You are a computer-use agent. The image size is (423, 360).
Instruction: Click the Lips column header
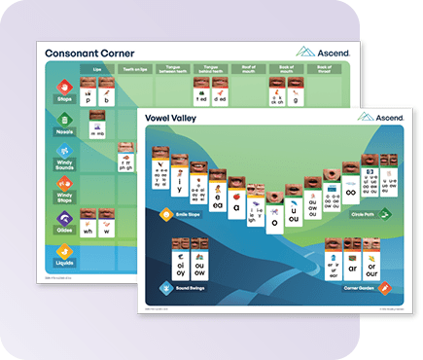(96, 70)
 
